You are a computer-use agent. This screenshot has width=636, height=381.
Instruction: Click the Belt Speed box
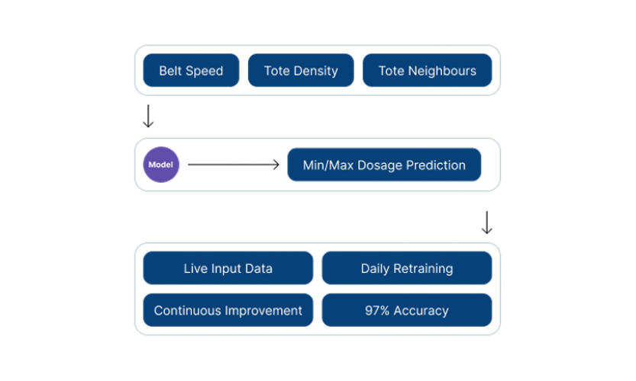coord(191,70)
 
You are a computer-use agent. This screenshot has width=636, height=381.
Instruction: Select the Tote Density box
coord(301,70)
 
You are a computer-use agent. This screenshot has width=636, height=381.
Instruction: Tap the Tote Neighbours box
coord(427,70)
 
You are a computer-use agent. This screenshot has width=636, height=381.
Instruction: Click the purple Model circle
coord(161,165)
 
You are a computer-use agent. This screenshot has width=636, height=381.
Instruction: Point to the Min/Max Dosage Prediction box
coord(384,165)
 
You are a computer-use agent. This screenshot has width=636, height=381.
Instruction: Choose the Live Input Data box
coord(228,268)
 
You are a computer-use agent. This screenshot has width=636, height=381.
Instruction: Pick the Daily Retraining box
coord(406,268)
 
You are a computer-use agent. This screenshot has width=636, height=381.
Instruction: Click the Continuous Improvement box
coord(228,310)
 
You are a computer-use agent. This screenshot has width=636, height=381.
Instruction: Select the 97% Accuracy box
coord(406,310)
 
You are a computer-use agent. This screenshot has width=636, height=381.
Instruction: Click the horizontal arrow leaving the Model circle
coord(234,165)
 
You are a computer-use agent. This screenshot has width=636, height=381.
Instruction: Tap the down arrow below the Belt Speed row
coord(148,116)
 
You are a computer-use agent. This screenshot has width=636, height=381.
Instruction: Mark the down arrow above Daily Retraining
coord(486,222)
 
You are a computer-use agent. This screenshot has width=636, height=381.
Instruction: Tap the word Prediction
coord(435,165)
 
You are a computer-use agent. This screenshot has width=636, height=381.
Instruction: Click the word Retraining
coord(423,269)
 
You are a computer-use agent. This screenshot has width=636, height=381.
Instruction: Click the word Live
coord(195,269)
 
